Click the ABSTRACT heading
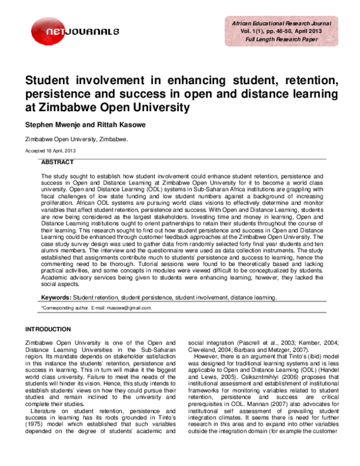coord(57,163)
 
